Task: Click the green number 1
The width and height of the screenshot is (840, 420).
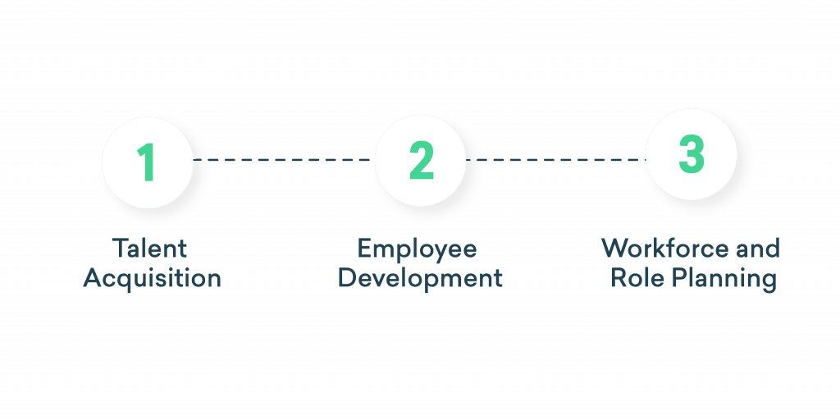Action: point(147,162)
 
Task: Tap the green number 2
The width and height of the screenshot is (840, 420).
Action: point(421,162)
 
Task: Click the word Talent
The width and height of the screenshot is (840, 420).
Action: point(153,249)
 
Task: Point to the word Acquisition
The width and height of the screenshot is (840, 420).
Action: point(153,279)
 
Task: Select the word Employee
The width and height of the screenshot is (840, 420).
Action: point(418,249)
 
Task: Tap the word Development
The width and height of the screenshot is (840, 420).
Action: point(419,279)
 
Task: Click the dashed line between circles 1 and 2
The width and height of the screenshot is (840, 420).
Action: point(283,159)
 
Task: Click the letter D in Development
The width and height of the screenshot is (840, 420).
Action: point(347,279)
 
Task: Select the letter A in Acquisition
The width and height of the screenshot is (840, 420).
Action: point(93,279)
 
